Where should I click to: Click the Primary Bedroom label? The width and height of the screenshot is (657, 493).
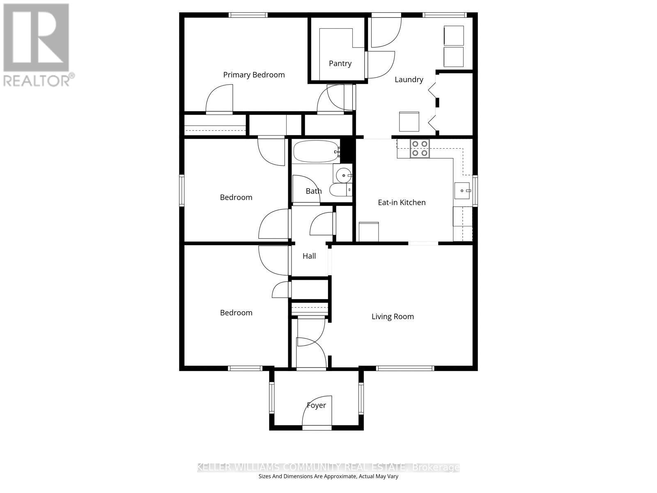pos(254,75)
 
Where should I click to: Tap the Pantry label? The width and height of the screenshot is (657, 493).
pos(340,63)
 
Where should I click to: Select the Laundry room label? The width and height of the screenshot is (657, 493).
pos(409,79)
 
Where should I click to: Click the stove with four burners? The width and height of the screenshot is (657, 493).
pos(420,148)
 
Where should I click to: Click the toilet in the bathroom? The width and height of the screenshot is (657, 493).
pos(341,190)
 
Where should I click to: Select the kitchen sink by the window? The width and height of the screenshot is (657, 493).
pos(462,191)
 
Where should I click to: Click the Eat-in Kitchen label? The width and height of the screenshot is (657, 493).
pos(402,202)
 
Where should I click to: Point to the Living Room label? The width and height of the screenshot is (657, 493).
pos(393,316)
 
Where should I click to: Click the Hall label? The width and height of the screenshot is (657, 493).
pos(309,256)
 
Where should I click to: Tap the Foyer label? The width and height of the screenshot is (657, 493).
pos(316,405)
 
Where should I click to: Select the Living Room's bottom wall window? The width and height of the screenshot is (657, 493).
pos(405,369)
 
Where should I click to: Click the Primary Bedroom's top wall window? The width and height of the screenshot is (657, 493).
pos(248,15)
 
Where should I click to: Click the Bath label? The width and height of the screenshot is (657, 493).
pos(314,191)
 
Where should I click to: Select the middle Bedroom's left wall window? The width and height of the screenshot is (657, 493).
pos(181,190)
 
